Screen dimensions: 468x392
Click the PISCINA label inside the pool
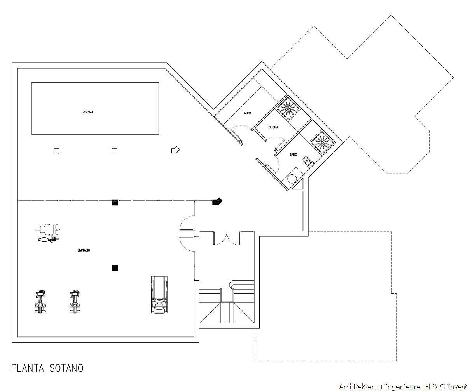point(88,112)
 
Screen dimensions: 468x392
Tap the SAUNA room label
point(247,113)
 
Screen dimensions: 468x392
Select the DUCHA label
point(273,127)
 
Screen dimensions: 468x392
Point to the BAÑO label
point(293,154)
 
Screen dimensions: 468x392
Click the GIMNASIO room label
point(84,250)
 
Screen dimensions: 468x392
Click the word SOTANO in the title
point(66,368)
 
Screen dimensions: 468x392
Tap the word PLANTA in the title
point(28,368)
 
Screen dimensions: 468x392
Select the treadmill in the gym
point(159,294)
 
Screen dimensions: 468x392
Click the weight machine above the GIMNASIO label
point(48,233)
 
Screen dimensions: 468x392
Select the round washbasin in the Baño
point(292,179)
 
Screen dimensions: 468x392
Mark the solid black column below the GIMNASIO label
point(115,268)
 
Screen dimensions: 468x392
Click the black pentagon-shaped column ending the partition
point(217,201)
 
